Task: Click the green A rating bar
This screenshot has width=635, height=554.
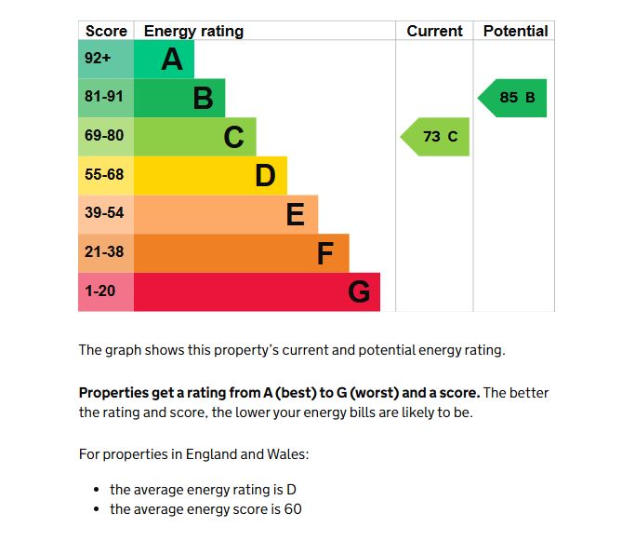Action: pyautogui.click(x=164, y=60)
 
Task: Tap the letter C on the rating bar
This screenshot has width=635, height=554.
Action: pyautogui.click(x=234, y=138)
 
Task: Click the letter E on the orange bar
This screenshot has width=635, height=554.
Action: pyautogui.click(x=295, y=215)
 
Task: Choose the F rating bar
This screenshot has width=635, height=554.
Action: pyautogui.click(x=242, y=253)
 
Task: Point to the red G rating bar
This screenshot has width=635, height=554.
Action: pyautogui.click(x=257, y=292)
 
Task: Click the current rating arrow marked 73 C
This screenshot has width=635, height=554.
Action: pyautogui.click(x=436, y=137)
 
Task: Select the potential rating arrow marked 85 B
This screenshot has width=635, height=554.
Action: pyautogui.click(x=513, y=98)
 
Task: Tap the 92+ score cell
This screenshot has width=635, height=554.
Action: pyautogui.click(x=105, y=60)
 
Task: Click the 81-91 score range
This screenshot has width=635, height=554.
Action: pyautogui.click(x=105, y=98)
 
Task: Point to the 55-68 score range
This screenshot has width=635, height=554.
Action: pyautogui.click(x=105, y=175)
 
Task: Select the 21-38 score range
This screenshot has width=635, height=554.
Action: pyautogui.click(x=105, y=253)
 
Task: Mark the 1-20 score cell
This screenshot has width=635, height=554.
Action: pyautogui.click(x=105, y=292)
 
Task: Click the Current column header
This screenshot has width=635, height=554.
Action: pyautogui.click(x=434, y=31)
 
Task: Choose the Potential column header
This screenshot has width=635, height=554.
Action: pyautogui.click(x=515, y=31)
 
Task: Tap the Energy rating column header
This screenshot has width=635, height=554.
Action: pyautogui.click(x=193, y=31)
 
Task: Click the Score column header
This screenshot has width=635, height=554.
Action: pyautogui.click(x=106, y=31)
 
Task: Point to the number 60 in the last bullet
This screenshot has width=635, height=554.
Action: pyautogui.click(x=293, y=509)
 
